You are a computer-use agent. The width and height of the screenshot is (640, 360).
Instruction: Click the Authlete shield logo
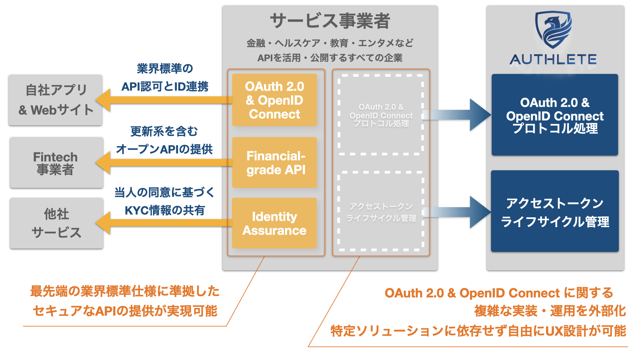554,29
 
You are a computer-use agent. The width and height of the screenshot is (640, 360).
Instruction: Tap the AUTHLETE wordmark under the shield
553,60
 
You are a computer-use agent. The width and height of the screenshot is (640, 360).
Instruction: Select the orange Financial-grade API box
274,162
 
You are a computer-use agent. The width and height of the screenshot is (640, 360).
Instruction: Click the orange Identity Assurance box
274,223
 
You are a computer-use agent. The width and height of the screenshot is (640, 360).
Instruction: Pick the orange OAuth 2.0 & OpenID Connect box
274,100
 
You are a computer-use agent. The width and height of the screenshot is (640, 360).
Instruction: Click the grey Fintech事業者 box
56,163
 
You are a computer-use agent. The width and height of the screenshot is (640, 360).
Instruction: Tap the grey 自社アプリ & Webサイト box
55,100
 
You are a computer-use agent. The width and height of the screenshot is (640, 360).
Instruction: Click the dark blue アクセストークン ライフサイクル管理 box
555,211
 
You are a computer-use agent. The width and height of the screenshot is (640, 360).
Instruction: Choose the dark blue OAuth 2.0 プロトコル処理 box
555,115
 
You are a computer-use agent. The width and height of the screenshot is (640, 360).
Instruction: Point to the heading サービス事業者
330,21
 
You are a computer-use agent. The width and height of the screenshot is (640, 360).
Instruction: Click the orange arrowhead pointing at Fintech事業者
103,163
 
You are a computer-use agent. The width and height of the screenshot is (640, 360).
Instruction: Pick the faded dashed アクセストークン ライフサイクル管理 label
381,212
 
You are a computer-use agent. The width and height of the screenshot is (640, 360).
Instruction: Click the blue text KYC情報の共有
165,210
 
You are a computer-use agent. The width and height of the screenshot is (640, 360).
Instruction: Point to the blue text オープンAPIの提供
164,149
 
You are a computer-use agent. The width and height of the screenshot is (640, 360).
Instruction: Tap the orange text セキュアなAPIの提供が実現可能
125,311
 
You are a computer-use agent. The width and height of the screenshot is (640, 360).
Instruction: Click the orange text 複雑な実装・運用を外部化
550,311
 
